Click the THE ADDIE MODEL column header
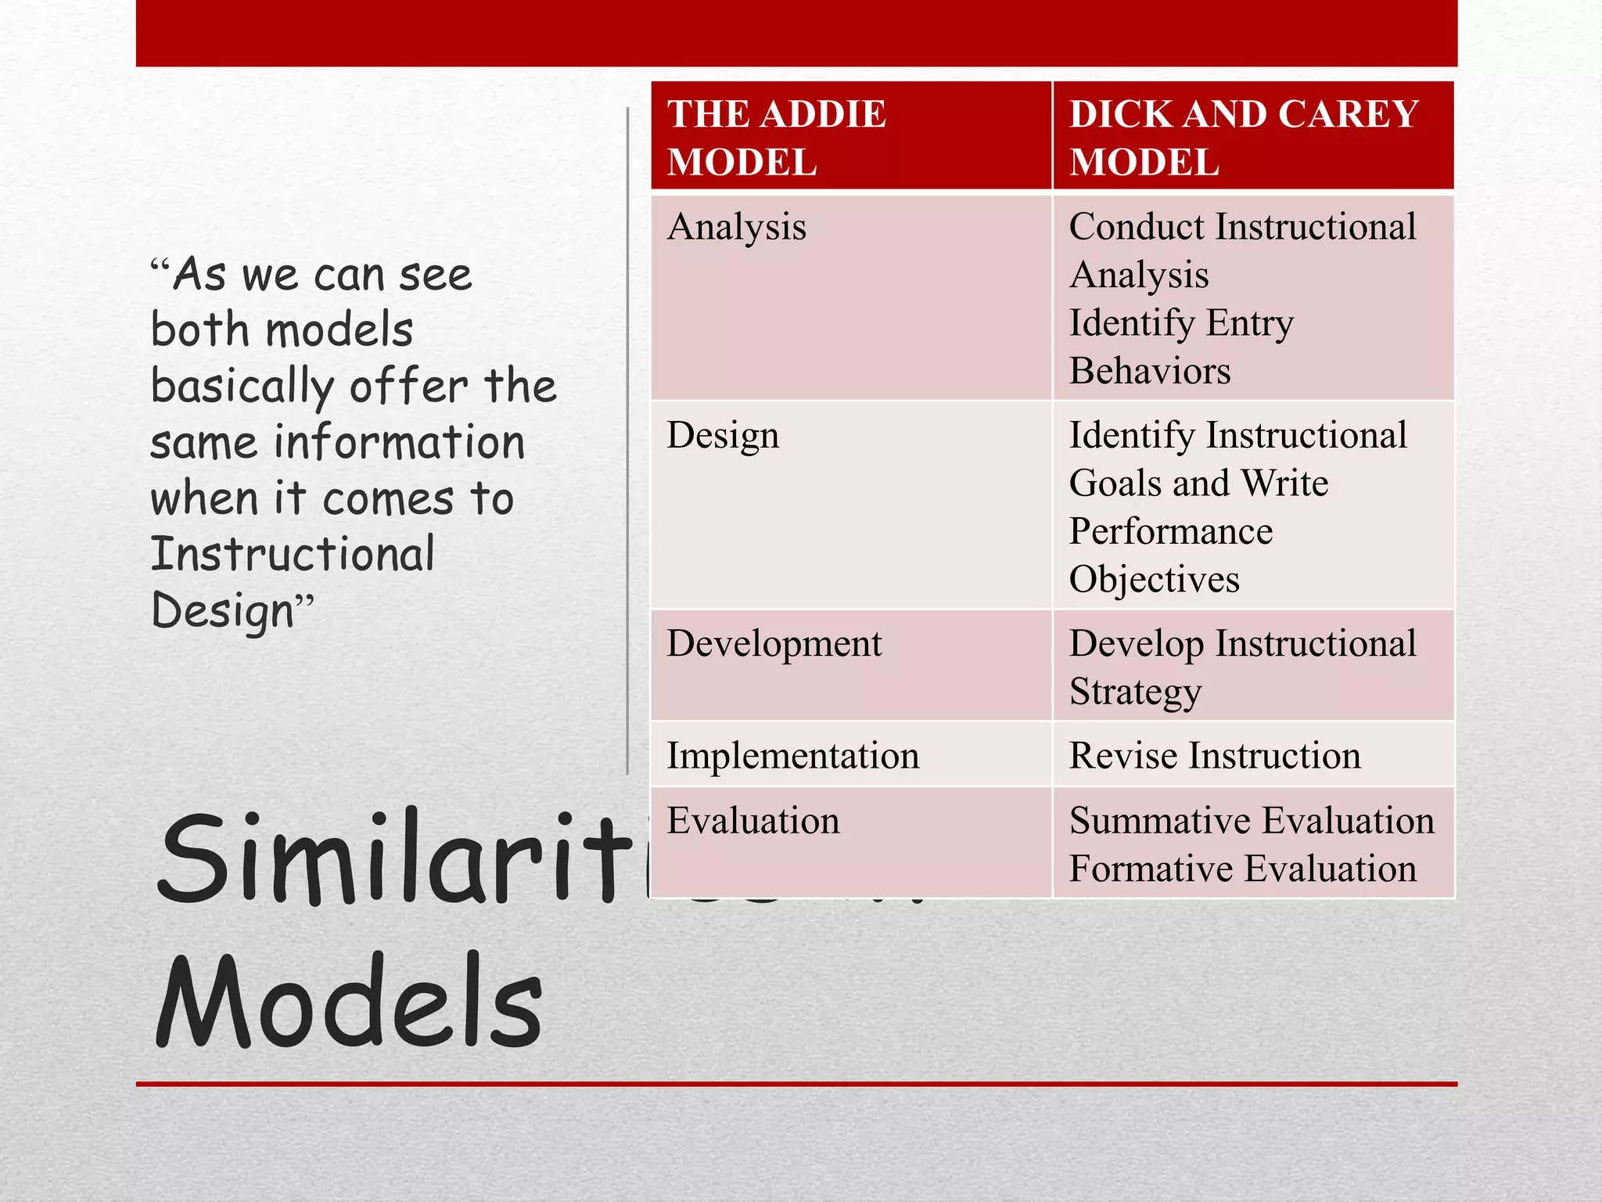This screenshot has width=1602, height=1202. [x=776, y=138]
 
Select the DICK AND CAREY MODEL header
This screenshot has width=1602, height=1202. [x=1244, y=138]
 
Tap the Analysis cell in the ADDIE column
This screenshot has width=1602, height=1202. [x=736, y=228]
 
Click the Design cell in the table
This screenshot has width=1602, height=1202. [x=723, y=436]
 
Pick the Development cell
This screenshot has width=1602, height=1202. [x=774, y=644]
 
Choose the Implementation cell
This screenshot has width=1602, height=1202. [x=792, y=756]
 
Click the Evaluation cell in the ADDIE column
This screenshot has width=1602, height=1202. [x=753, y=821]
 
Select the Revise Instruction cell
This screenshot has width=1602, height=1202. [x=1215, y=756]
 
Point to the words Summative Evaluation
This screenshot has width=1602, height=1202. [x=1252, y=821]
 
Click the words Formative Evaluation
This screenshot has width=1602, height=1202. [x=1242, y=869]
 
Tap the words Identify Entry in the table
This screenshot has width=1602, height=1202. [x=1181, y=323]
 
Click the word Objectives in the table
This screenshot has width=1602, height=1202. [x=1154, y=580]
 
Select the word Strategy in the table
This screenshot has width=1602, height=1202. [x=1135, y=693]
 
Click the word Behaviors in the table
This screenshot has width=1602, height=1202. [x=1149, y=371]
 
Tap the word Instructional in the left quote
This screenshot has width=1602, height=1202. [x=293, y=554]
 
